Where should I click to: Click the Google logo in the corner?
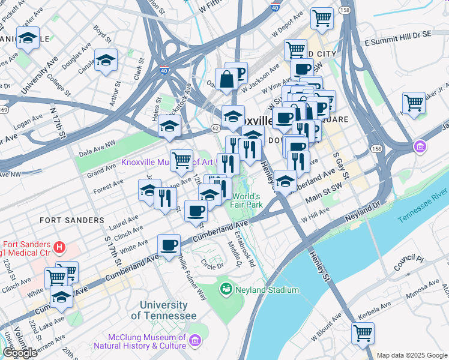tap(20, 353)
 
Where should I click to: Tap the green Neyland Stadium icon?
tap(226, 290)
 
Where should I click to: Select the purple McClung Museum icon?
tap(195, 341)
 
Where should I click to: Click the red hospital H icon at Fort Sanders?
tap(59, 247)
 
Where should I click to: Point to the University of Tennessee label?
tap(163, 310)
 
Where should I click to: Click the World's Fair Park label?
tap(247, 200)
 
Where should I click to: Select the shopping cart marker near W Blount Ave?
tap(363, 333)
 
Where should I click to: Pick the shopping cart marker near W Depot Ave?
tap(322, 18)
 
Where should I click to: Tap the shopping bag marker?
tap(228, 79)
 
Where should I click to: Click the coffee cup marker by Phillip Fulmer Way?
tap(169, 245)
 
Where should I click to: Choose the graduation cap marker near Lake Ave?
tap(61, 296)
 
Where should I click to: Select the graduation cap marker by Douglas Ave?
tap(106, 60)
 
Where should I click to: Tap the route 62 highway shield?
tap(215, 128)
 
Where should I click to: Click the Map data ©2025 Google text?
tap(411, 355)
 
